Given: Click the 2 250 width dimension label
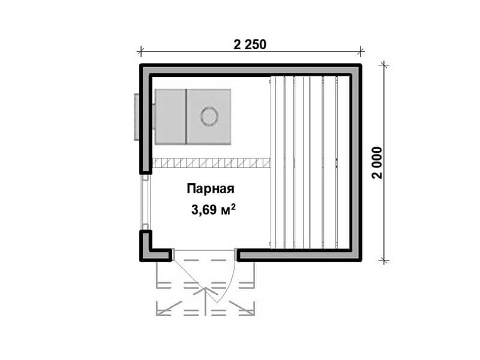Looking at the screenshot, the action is tap(250, 44).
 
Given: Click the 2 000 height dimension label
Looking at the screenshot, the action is tap(377, 163).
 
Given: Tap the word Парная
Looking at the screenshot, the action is tap(211, 188).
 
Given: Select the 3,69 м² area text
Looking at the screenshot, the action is tap(214, 209).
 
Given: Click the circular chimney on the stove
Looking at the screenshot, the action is tap(209, 116).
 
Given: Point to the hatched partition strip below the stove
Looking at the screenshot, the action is tap(211, 163).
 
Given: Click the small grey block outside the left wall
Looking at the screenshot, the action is tap(137, 117).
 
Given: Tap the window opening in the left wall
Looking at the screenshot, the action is tap(146, 202).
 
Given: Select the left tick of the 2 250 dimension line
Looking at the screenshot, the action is tap(140, 52).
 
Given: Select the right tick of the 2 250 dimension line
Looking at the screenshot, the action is tap(361, 52).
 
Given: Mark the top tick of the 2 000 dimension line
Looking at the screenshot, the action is tap(384, 65).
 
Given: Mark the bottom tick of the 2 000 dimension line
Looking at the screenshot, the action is tap(384, 261).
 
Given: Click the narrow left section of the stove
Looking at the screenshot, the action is tap(170, 116).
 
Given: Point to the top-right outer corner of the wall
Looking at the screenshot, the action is tap(362, 64).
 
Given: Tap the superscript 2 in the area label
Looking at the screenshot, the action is tap(233, 206).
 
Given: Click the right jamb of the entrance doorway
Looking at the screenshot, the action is tap(236, 254).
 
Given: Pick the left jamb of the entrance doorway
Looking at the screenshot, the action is tap(173, 254).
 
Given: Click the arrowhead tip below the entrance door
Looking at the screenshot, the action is tap(205, 288).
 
